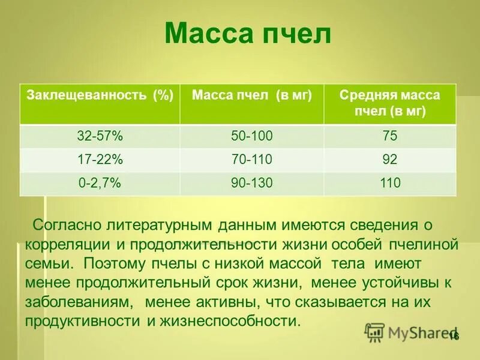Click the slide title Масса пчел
(247, 34)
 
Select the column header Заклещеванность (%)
(100, 96)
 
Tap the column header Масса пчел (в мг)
(252, 96)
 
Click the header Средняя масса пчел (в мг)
(389, 103)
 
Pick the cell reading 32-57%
(100, 137)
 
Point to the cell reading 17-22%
(100, 160)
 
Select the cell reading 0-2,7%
(100, 183)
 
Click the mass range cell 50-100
(252, 137)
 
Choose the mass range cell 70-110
(252, 160)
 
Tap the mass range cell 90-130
(252, 183)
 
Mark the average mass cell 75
(389, 137)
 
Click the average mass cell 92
(389, 160)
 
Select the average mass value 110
(389, 183)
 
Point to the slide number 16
(453, 336)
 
